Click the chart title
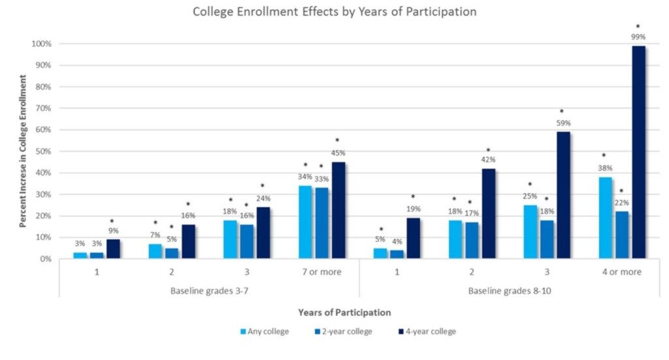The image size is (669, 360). click(x=334, y=12)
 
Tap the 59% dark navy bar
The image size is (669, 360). click(x=563, y=195)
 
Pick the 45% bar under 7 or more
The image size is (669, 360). click(x=338, y=210)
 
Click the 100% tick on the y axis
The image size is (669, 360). click(x=42, y=44)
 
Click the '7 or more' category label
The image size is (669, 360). click(x=321, y=272)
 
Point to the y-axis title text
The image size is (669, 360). click(x=23, y=151)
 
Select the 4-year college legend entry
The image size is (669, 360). click(x=425, y=331)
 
